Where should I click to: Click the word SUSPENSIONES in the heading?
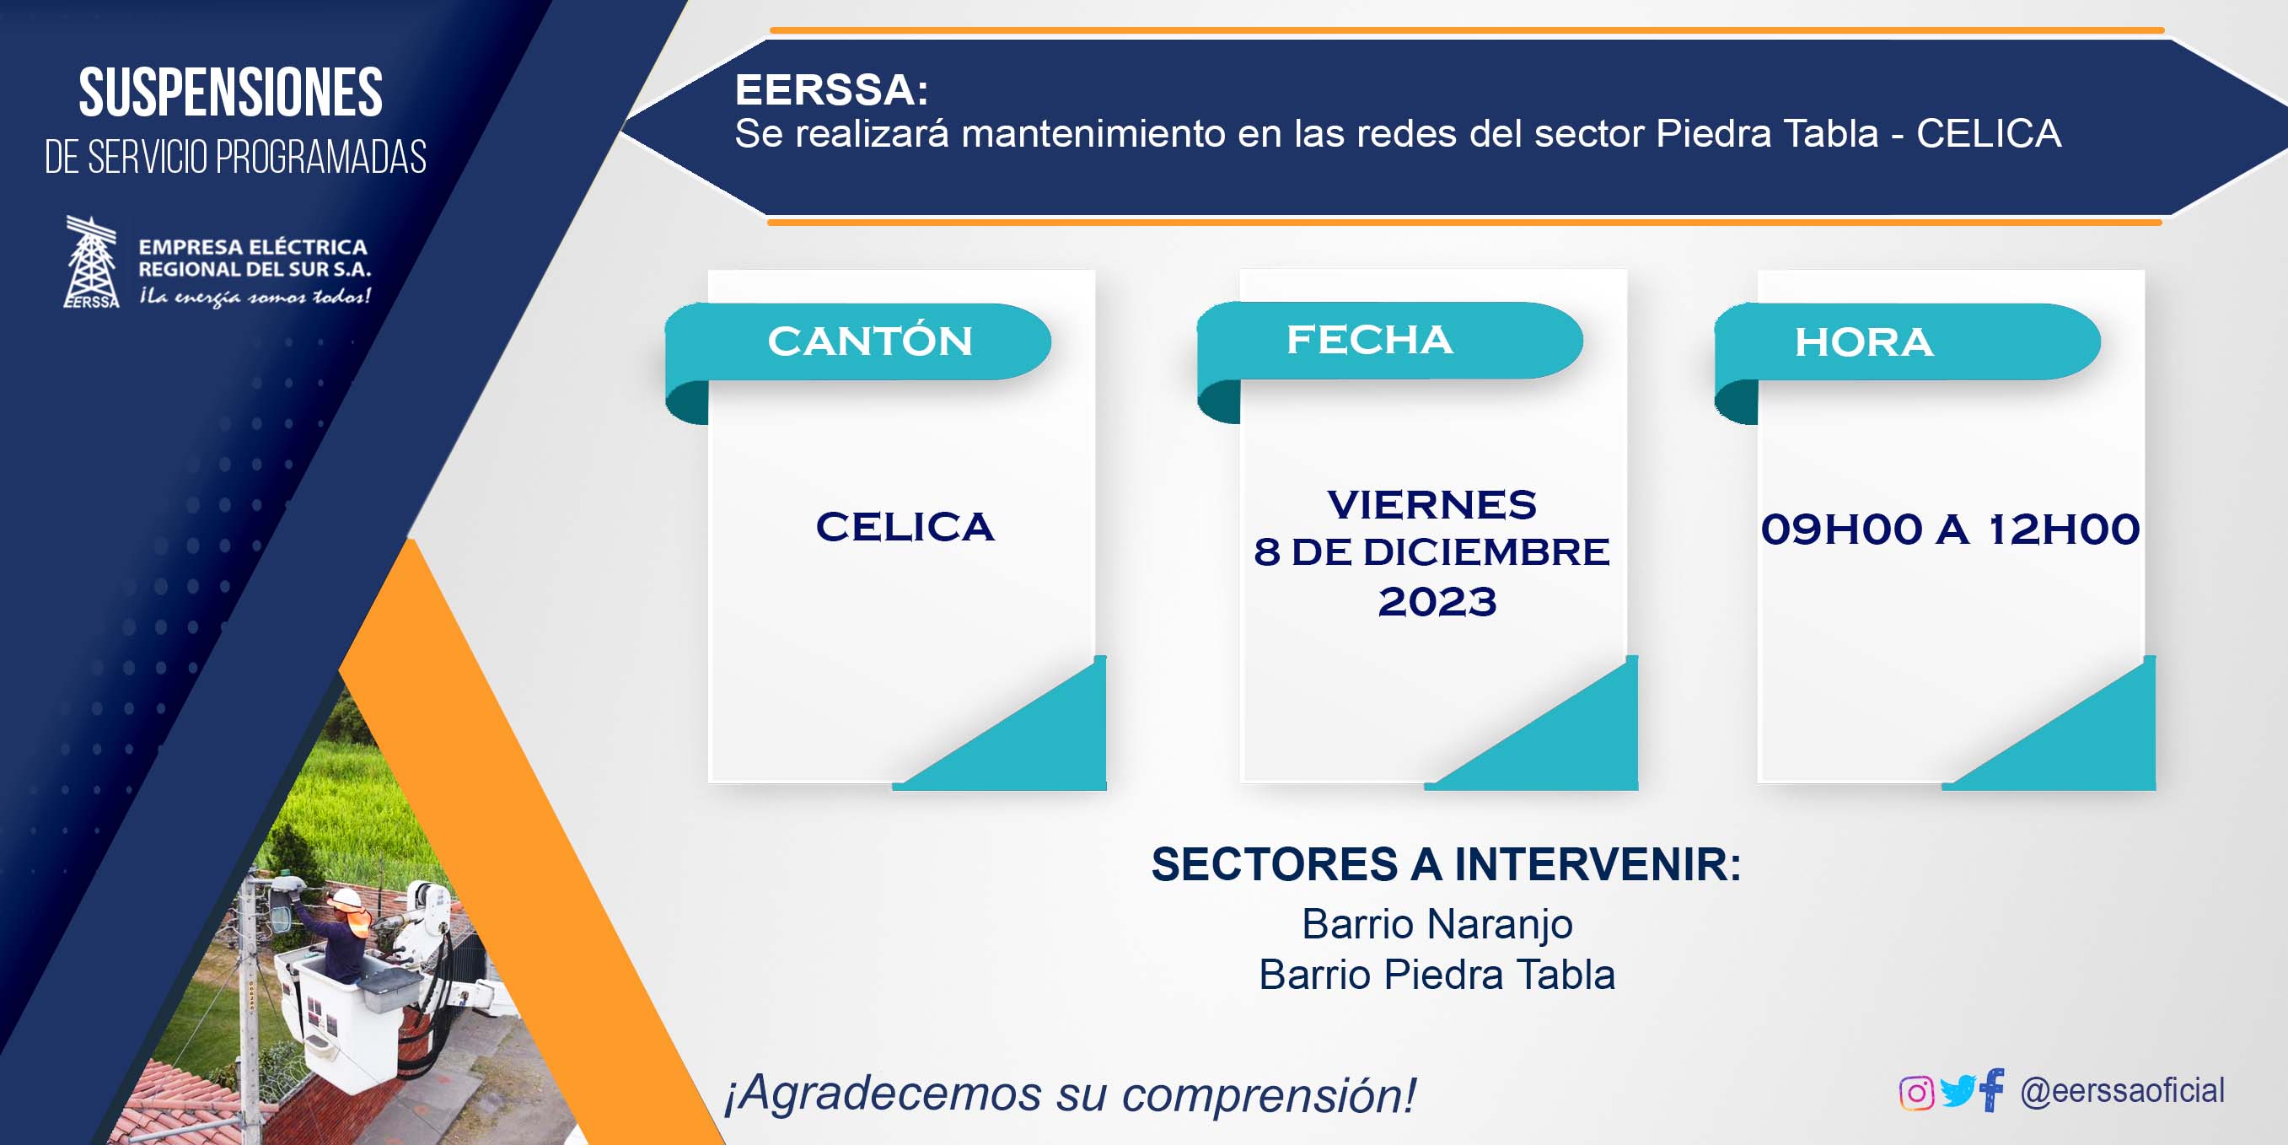coord(231,93)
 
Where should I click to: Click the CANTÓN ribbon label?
coord(869,341)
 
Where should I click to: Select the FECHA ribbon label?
coord(1370,339)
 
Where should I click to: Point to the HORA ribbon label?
coord(1863,342)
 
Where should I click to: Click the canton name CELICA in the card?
coord(905,527)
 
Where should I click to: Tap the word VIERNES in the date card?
coord(1431,504)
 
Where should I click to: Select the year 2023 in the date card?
coord(1437,602)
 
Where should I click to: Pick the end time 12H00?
coord(2063,529)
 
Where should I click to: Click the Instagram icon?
coord(1916,1092)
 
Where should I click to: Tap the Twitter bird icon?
coord(1958,1091)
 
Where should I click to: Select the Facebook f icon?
coord(1992,1090)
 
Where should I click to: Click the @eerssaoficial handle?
coord(2123,1091)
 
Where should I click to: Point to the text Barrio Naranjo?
coord(1437,924)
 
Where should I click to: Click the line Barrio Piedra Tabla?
coord(1437,975)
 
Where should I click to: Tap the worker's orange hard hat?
coord(348,897)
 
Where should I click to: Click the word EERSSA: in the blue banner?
coord(831,89)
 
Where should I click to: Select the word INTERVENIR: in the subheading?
coord(1597,864)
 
